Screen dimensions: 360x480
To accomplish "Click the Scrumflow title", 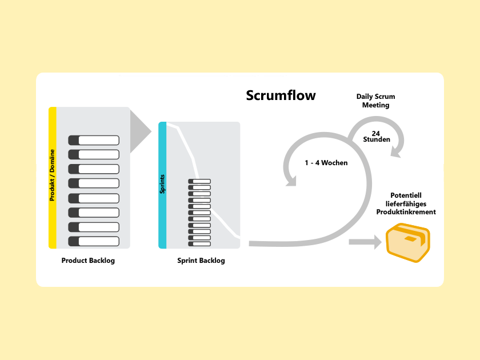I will (281, 95).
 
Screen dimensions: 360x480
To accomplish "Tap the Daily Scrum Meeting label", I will (375, 101).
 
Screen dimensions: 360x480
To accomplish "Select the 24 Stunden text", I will (376, 136).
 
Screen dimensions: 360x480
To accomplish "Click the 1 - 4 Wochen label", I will (326, 163).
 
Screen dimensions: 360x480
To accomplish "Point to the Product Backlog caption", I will (88, 261).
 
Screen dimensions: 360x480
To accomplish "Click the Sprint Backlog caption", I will (201, 261).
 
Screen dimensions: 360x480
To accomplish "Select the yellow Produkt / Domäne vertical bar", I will (52, 177).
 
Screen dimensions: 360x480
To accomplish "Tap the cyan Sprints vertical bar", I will (162, 185).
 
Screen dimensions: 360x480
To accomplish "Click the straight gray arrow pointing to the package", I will (365, 242).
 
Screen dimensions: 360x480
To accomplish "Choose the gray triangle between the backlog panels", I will (139, 131).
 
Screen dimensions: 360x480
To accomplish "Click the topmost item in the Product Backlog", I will (94, 140).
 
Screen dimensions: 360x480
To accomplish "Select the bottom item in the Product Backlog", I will (94, 241).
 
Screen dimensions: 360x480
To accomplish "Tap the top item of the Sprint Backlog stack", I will (199, 181).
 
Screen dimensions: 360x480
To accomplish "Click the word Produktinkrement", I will (406, 212).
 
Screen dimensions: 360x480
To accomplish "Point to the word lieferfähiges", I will (406, 204).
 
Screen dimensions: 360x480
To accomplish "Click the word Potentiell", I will (406, 195).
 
